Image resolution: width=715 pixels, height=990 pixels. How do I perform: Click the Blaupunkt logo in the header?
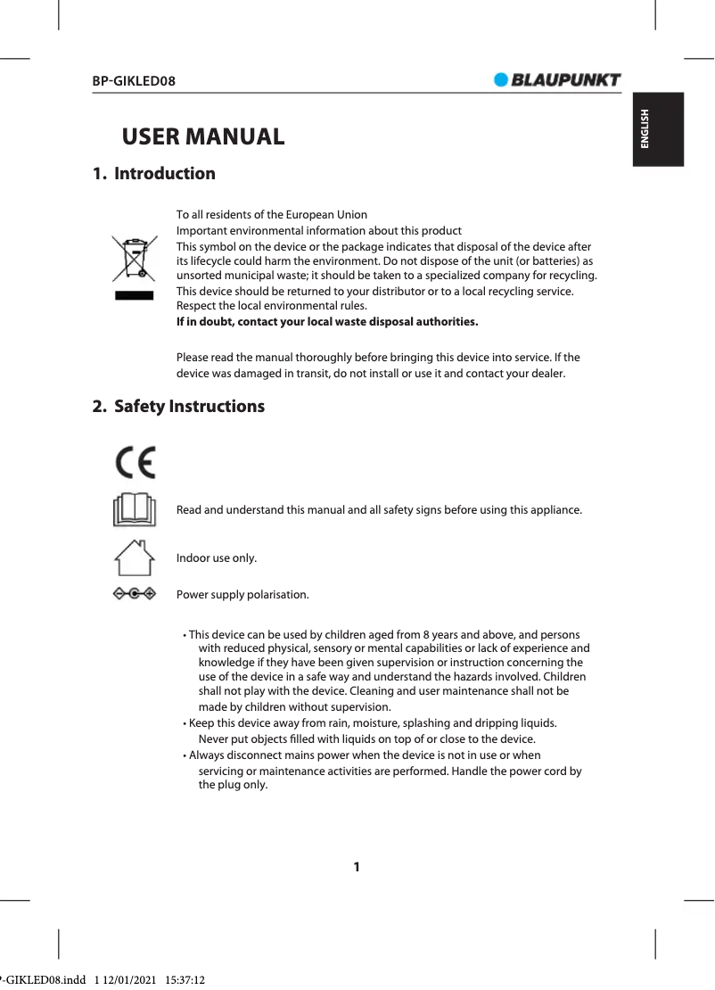[557, 79]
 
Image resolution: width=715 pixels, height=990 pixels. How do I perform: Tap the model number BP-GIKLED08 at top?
[134, 81]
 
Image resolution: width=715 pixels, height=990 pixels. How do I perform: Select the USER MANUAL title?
[203, 137]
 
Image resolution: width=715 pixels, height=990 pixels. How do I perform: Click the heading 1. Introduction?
[154, 174]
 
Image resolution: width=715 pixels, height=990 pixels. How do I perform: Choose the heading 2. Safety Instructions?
[179, 407]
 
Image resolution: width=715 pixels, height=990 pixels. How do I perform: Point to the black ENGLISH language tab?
[658, 129]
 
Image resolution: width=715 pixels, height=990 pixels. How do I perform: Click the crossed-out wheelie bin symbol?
[134, 259]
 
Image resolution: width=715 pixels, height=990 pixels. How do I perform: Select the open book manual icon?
[135, 510]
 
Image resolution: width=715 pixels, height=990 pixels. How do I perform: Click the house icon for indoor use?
[135, 558]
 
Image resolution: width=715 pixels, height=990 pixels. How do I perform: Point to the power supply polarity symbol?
[135, 594]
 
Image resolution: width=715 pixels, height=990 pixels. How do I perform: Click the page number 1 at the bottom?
[357, 867]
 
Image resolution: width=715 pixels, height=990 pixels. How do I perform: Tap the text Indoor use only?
[217, 558]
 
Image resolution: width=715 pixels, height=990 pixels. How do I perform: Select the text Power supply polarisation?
[242, 595]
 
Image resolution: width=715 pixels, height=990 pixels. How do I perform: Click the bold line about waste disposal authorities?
[327, 321]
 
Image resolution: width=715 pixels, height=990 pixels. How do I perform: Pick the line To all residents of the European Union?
[271, 215]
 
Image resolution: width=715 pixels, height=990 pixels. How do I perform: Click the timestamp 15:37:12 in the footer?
[185, 980]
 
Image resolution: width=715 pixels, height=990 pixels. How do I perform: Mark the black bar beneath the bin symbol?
[134, 295]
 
